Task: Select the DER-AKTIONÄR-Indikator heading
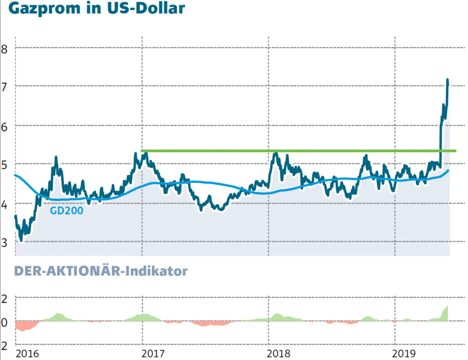tap(101, 271)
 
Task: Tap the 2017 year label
tap(154, 352)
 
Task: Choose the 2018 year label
tap(281, 352)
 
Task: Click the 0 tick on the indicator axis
tap(5, 322)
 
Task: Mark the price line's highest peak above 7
tap(447, 81)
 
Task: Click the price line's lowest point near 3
tap(21, 239)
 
